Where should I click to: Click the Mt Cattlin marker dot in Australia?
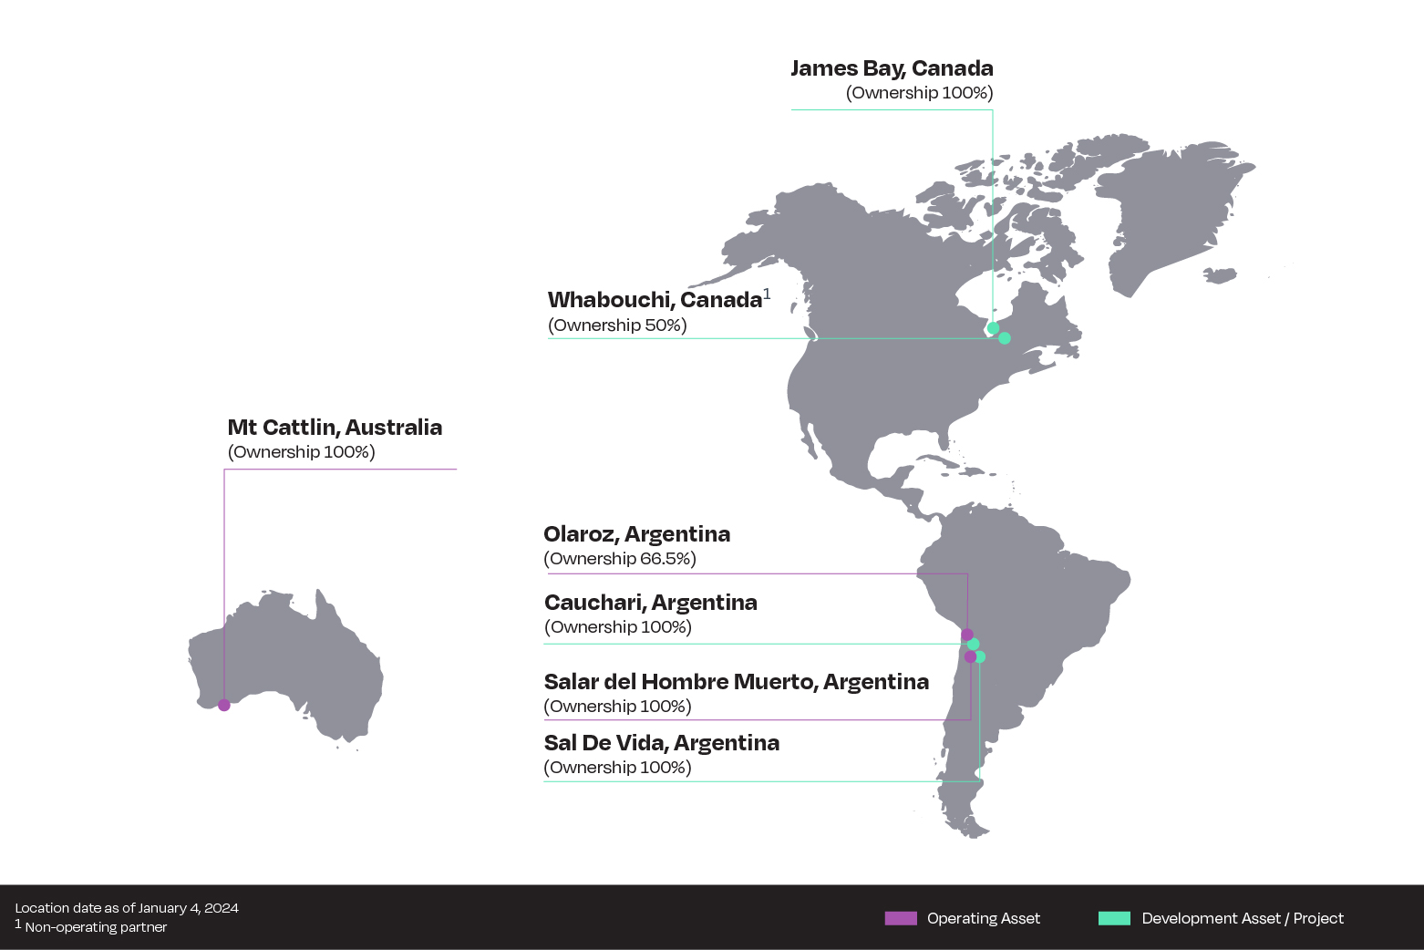(x=224, y=705)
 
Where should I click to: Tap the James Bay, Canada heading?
(x=891, y=68)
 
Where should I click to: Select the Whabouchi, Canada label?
(x=655, y=300)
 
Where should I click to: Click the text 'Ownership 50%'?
(x=617, y=325)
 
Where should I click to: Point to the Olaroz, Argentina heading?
(x=636, y=534)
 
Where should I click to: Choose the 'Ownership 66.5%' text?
(x=619, y=559)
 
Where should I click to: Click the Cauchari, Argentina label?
(x=650, y=603)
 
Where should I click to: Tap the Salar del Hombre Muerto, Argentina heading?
(x=736, y=682)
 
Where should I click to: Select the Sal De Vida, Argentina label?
(x=661, y=743)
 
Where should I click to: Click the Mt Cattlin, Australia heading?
(x=335, y=428)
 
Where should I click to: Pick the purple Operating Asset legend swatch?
(x=901, y=918)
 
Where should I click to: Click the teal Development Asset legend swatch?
(x=1114, y=918)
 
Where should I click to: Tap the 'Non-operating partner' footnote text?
(x=96, y=927)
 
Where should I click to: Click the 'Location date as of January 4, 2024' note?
(x=127, y=908)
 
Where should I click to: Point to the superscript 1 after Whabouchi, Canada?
(x=767, y=294)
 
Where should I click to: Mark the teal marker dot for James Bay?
(x=993, y=328)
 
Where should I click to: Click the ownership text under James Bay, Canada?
(x=919, y=93)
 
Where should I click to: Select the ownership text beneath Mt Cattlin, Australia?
(x=301, y=452)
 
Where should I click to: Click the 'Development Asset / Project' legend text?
(x=1242, y=918)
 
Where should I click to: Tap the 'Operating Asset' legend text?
(x=983, y=918)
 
